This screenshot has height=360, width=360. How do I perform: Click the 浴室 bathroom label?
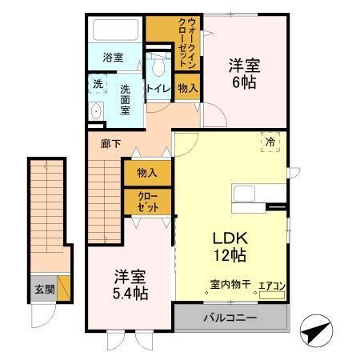[113, 58]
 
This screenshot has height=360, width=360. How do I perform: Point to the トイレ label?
[157, 89]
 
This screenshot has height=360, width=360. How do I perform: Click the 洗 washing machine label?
[98, 84]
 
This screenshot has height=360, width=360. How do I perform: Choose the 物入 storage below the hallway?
[146, 172]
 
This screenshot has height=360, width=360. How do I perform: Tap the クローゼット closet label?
[146, 201]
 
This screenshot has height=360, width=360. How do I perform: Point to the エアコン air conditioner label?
[271, 283]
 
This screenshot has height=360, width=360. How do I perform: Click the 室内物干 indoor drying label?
[230, 283]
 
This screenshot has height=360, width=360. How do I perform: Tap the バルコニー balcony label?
[229, 318]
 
